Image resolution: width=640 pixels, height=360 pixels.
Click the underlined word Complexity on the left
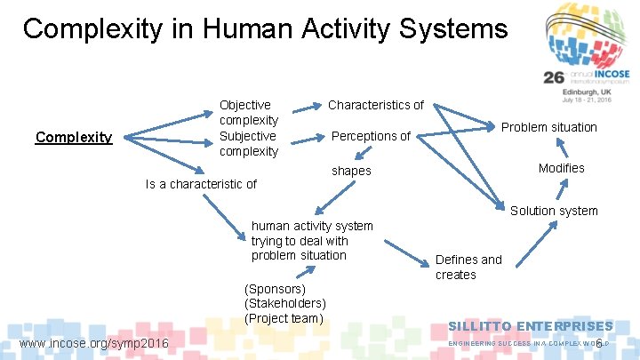(x=73, y=137)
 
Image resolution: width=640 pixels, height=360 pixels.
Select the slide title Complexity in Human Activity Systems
(x=265, y=28)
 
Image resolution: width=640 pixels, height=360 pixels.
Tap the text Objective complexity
(x=249, y=112)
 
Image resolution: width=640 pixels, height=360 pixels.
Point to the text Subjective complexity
(x=249, y=143)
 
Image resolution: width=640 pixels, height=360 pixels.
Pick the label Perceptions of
(x=371, y=136)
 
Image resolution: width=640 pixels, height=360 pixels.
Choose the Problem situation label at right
(x=548, y=127)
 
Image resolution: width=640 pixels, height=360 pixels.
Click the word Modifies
(x=561, y=168)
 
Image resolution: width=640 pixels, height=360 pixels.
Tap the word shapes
(x=350, y=171)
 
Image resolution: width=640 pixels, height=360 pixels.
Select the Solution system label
(x=554, y=211)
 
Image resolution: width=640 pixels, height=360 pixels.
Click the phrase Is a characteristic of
(x=200, y=184)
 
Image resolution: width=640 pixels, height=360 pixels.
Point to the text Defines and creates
(x=468, y=267)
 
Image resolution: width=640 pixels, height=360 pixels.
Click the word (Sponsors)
(x=275, y=289)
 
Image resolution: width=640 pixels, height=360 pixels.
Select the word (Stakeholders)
(x=284, y=303)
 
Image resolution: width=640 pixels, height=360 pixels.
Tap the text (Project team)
(x=283, y=318)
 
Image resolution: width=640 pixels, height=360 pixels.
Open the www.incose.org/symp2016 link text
(x=93, y=343)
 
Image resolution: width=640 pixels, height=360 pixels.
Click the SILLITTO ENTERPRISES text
(x=530, y=326)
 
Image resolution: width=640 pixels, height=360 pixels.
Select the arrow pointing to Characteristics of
(x=308, y=108)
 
